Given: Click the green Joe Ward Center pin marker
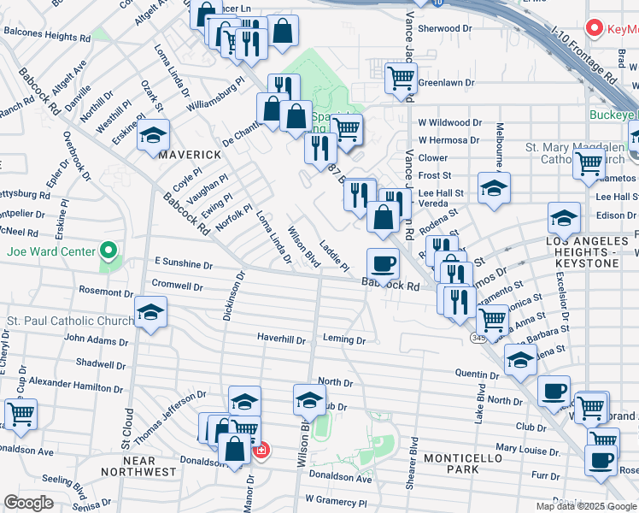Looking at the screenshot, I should coord(108,251).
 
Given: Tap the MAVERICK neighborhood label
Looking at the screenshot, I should coord(189,154).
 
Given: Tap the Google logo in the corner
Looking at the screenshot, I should coord(28,503).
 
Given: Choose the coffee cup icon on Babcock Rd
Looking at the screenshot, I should coord(383,263).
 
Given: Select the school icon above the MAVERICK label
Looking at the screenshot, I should coord(154,136).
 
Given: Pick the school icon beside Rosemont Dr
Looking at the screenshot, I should coord(151,313).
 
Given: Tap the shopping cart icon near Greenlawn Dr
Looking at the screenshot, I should coord(401,79).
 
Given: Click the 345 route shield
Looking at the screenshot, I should coord(476,339).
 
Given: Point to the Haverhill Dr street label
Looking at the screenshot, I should coord(281,339).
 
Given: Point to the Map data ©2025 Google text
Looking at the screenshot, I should coord(586,506).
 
